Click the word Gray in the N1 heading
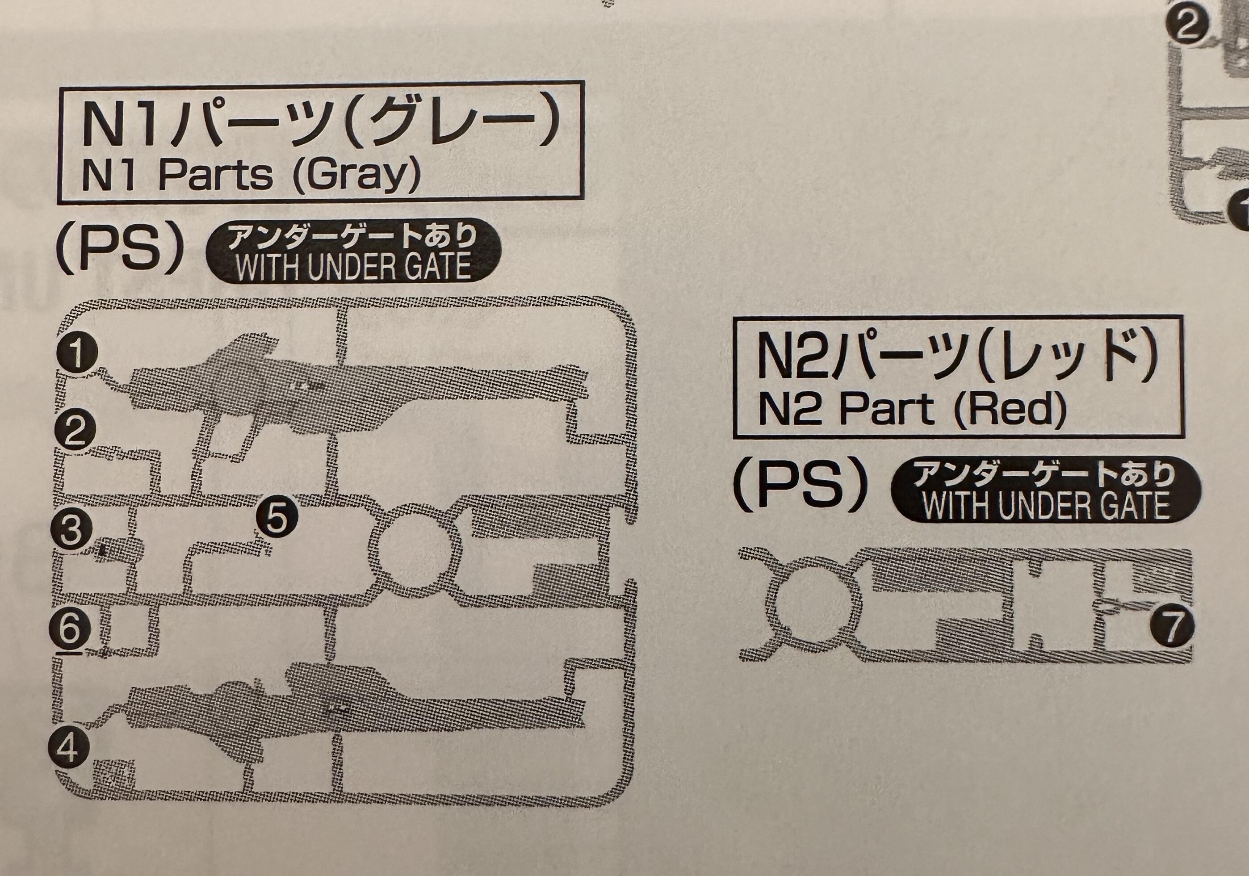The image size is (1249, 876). click(357, 176)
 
